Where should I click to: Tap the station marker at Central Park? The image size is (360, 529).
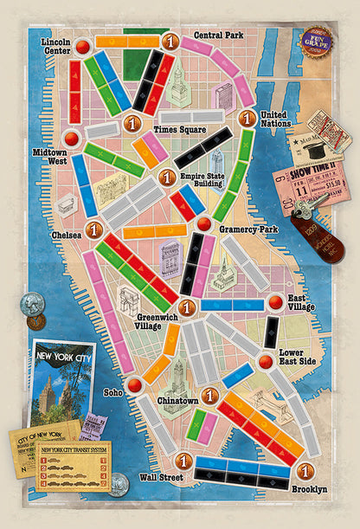(x=170, y=41)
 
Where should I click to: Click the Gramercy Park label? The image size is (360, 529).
(x=247, y=229)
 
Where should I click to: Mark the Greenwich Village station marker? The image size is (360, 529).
(x=185, y=306)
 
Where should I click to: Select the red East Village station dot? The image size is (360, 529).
(x=275, y=302)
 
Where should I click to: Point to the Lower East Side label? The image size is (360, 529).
(x=301, y=358)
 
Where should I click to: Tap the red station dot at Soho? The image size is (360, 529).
(x=134, y=385)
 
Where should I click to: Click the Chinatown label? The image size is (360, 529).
(x=177, y=402)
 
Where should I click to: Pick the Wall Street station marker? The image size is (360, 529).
(x=183, y=461)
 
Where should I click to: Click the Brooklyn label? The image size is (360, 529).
(x=309, y=490)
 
